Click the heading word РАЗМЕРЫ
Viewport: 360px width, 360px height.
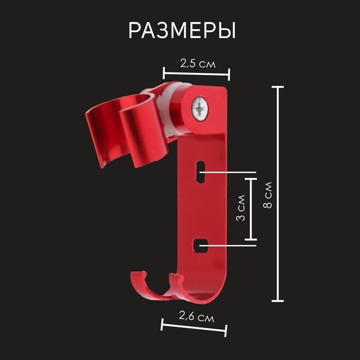[182, 31]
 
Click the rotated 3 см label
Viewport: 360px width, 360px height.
[240, 209]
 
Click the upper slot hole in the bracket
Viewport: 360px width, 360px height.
[200, 172]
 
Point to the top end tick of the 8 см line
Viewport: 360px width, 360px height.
[278, 87]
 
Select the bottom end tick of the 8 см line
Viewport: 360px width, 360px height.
[278, 300]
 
